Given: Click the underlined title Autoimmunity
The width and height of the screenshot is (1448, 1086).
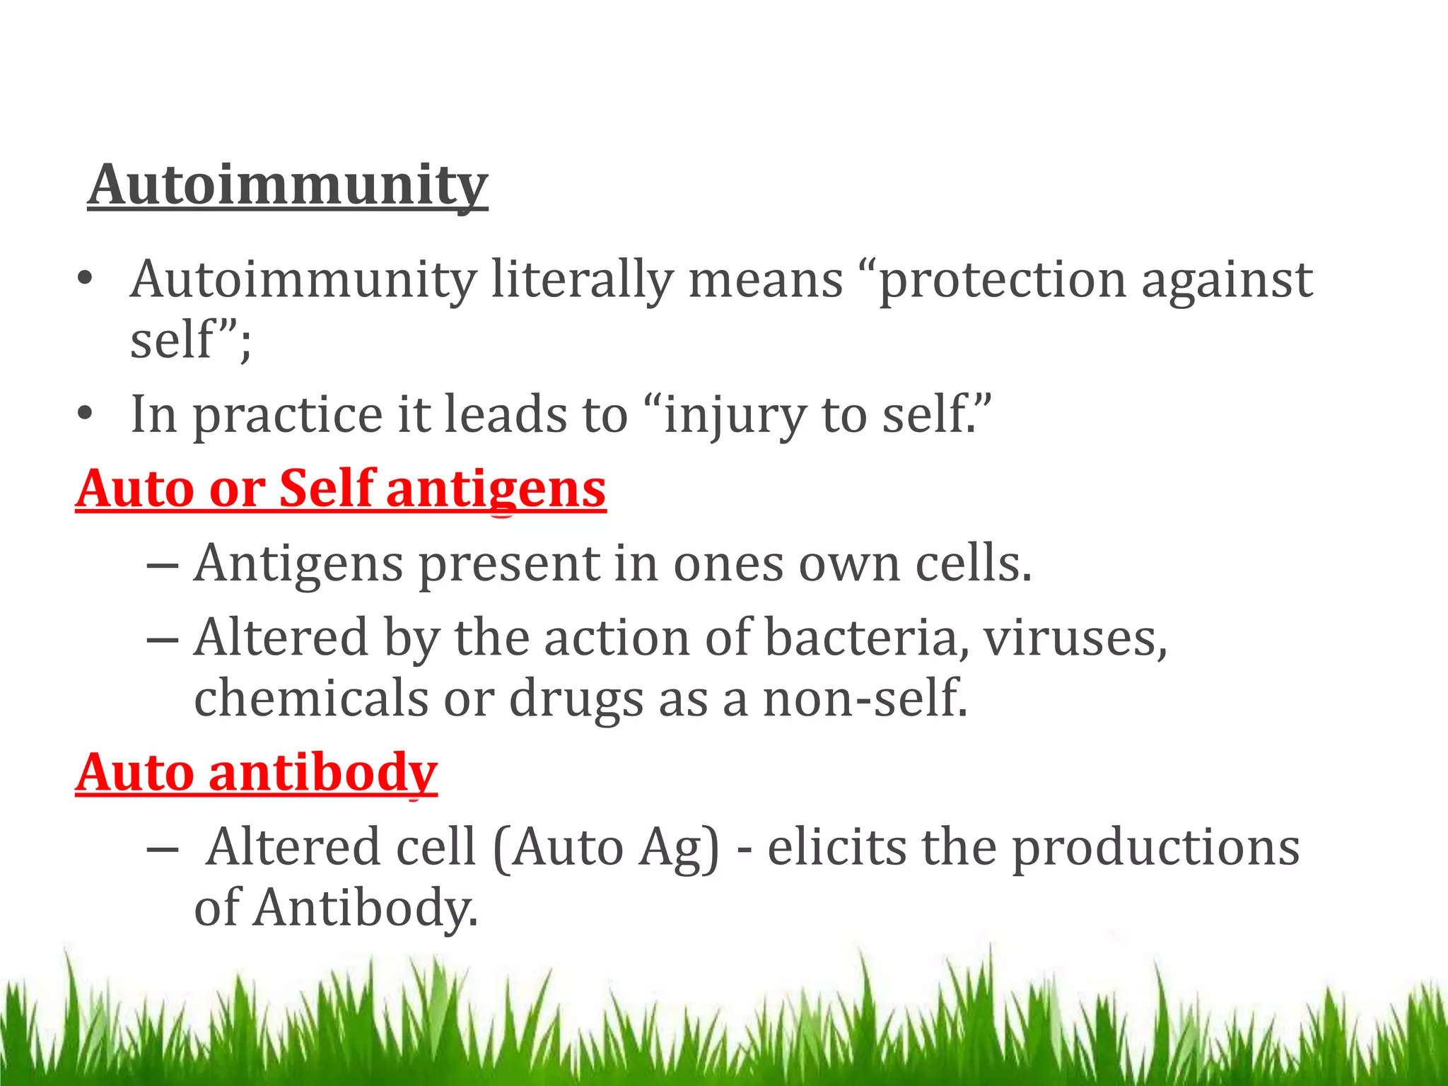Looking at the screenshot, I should tap(288, 185).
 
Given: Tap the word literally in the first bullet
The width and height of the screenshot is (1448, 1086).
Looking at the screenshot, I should tap(581, 279).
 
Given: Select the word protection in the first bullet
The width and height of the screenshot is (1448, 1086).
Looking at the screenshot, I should tap(1002, 281).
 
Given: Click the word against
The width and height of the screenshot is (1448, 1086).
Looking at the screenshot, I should tap(1227, 281).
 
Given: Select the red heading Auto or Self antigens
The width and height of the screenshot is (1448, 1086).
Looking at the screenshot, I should tap(341, 489).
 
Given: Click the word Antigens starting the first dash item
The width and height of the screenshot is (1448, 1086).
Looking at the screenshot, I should tap(299, 564).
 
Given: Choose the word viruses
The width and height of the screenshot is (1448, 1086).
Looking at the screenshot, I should tap(1075, 638).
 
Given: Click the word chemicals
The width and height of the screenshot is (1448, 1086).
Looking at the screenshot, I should tap(311, 698).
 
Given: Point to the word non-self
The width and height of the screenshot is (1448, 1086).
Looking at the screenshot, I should tap(865, 698).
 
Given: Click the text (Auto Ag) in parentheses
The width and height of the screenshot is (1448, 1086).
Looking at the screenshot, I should tap(606, 847).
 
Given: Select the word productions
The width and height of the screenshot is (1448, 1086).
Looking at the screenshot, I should tap(1156, 848).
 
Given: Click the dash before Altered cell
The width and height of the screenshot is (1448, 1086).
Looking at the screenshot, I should tap(162, 848).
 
